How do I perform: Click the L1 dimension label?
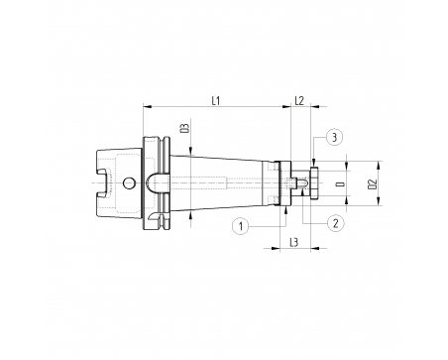(216, 100)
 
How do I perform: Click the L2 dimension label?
(299, 100)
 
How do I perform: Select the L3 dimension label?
(293, 242)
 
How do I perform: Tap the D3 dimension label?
(186, 128)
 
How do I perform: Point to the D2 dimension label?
(373, 184)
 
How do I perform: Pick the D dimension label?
(340, 183)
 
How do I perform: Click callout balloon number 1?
(241, 226)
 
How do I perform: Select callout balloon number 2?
(335, 223)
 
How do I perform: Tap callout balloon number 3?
(334, 137)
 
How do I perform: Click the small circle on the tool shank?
(129, 182)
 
